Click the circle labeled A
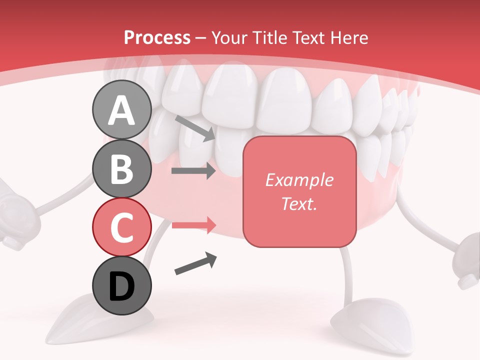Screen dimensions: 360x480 121,110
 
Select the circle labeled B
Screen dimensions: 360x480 121,169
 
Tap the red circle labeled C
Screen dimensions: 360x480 121,227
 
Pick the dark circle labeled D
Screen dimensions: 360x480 121,286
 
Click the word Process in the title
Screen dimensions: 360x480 157,37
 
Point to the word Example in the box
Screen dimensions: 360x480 299,180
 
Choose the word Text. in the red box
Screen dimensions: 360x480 299,203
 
